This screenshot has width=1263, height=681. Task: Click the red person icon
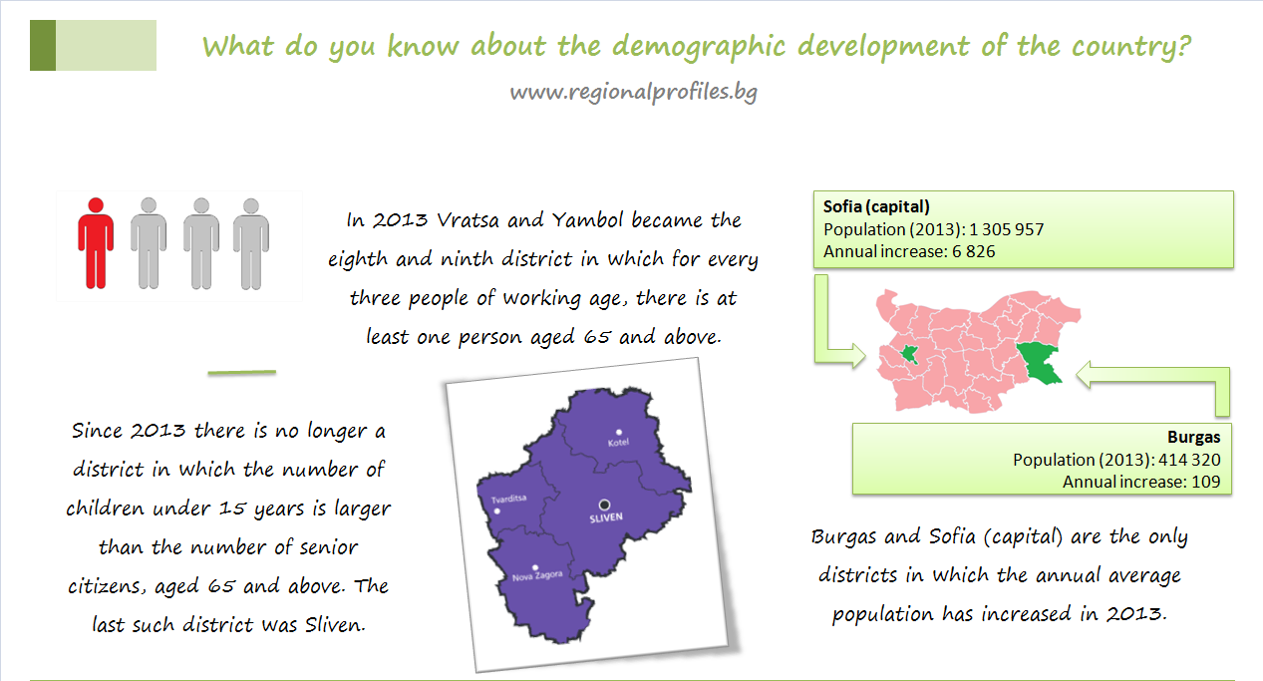coord(96,243)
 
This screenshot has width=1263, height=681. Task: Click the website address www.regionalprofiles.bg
coord(633,93)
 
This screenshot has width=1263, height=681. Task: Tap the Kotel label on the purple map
coord(618,443)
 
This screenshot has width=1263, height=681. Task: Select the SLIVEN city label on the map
coord(606,517)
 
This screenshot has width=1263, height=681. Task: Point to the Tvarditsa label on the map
coord(508,499)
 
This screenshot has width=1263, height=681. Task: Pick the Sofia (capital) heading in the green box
coord(876,207)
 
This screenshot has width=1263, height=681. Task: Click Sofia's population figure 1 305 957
coord(1007,229)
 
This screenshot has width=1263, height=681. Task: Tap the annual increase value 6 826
coord(974,251)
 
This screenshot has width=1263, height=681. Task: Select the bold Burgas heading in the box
coord(1193,437)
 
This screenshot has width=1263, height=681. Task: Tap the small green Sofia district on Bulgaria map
coord(909,355)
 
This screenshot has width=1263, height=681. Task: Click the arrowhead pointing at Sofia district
coord(858,356)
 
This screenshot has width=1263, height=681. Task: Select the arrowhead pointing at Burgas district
coord(1084,375)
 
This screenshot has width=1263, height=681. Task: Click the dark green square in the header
coord(43,45)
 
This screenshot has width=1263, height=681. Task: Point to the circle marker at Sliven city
coord(604,504)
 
